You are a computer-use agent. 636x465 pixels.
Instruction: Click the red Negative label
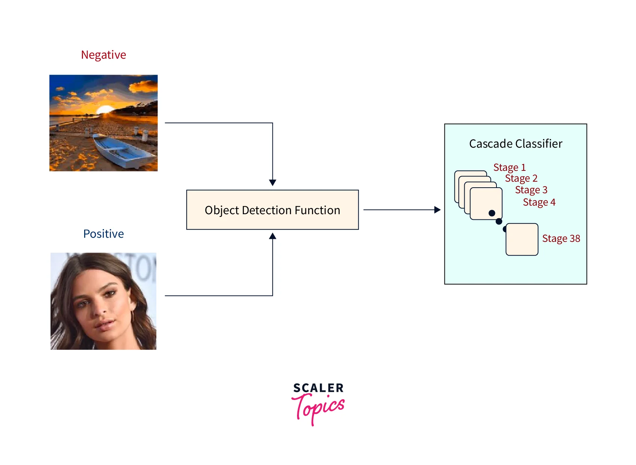pyautogui.click(x=103, y=55)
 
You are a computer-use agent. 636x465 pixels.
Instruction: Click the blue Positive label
pyautogui.click(x=103, y=234)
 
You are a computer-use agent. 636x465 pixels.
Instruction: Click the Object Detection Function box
pyautogui.click(x=272, y=210)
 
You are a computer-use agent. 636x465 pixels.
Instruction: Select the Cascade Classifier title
pyautogui.click(x=515, y=144)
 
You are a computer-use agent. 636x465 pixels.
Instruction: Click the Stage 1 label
pyautogui.click(x=509, y=167)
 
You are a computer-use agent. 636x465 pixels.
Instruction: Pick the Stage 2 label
pyautogui.click(x=521, y=178)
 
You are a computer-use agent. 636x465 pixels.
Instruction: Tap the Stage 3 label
pyautogui.click(x=531, y=190)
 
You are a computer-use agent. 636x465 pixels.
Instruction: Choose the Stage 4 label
pyautogui.click(x=539, y=202)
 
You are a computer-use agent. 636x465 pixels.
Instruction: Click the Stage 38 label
pyautogui.click(x=561, y=238)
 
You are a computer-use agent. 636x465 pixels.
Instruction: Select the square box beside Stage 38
pyautogui.click(x=522, y=240)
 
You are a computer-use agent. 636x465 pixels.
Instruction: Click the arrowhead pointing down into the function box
pyautogui.click(x=272, y=183)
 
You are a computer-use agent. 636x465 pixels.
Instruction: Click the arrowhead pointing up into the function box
pyautogui.click(x=272, y=236)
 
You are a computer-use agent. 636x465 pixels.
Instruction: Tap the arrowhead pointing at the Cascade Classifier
pyautogui.click(x=437, y=210)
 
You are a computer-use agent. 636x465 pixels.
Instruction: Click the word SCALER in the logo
pyautogui.click(x=318, y=388)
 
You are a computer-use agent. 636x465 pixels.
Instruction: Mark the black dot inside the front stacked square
pyautogui.click(x=492, y=213)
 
